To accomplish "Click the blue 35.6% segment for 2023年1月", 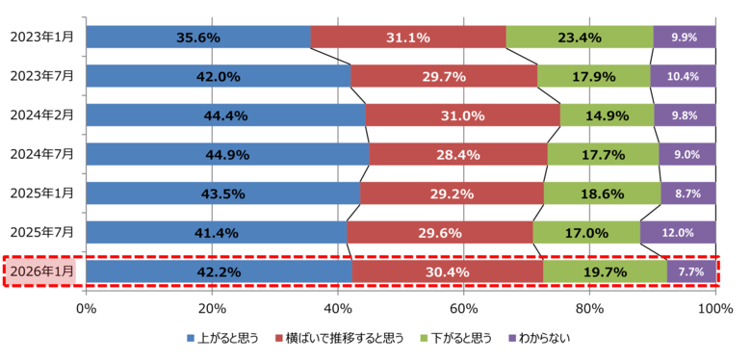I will tap(198, 38).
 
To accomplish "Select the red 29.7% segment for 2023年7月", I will tap(444, 76).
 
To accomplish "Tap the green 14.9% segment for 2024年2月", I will tap(607, 116).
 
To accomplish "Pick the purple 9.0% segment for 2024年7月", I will tap(687, 154).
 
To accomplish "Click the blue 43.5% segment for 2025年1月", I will tap(222, 193).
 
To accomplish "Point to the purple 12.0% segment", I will tap(678, 232).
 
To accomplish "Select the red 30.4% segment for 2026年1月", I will tap(447, 271).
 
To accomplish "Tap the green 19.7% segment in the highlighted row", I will tap(605, 271).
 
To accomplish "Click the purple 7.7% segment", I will tap(691, 271).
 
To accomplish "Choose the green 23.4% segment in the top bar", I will tap(580, 38).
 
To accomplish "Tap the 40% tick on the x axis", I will tap(338, 308).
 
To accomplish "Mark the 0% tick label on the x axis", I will tap(86, 308).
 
